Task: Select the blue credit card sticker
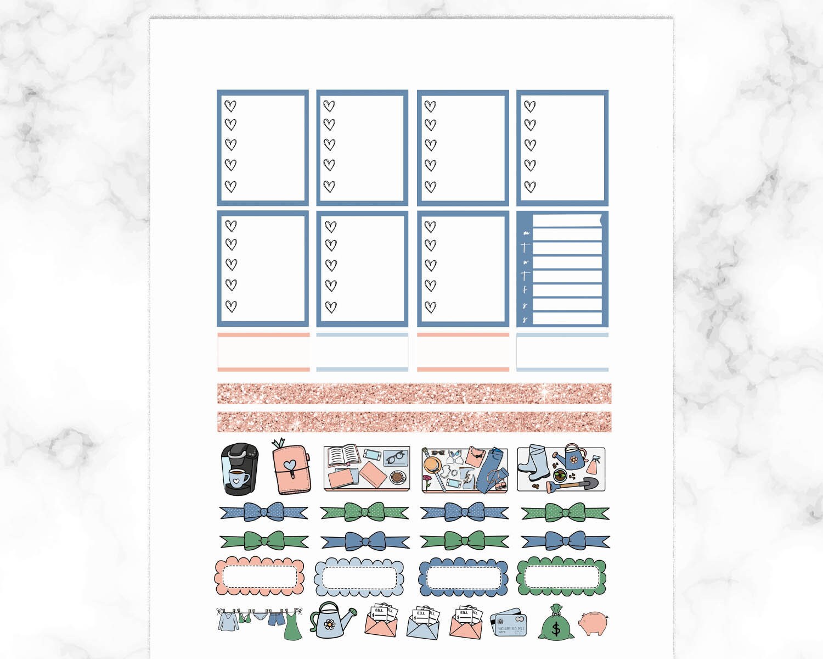click(509, 622)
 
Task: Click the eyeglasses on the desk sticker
click(396, 457)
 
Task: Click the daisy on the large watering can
click(330, 624)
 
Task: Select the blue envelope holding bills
click(422, 623)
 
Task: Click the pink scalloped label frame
click(259, 577)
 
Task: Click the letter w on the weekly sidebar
click(526, 262)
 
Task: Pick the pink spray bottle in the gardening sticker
click(592, 467)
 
